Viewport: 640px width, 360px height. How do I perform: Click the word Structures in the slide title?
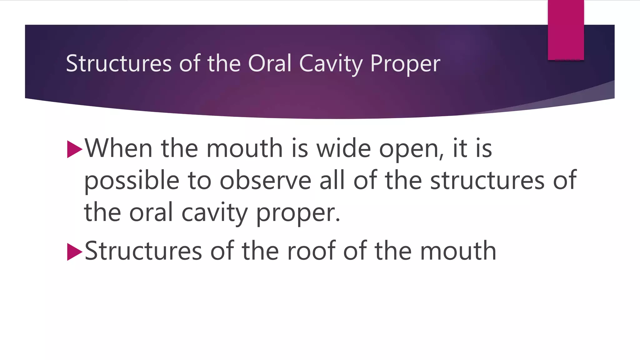(119, 63)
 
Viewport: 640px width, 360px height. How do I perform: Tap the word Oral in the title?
(269, 63)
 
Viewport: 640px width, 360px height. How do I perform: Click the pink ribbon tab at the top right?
(566, 30)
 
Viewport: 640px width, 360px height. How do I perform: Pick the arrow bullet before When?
(74, 149)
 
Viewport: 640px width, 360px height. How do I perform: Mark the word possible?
(132, 181)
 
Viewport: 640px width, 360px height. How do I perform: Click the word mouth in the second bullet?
(458, 251)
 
